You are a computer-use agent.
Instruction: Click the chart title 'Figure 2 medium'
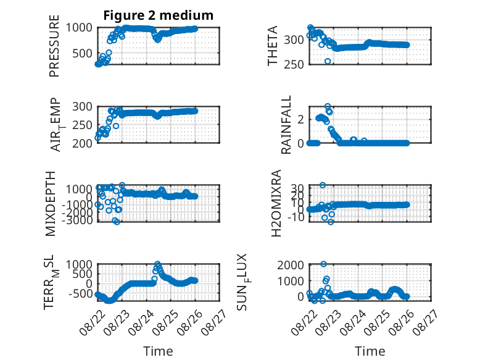[159, 15]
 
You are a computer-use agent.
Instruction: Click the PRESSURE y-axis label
[54, 46]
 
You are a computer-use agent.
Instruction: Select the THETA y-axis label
[272, 46]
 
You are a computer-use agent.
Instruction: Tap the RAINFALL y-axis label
[286, 125]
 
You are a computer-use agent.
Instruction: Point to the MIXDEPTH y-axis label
[51, 204]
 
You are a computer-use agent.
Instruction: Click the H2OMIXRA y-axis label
[276, 203]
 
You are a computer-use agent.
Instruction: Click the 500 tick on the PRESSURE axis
[82, 54]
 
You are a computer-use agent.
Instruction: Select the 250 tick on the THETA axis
[294, 65]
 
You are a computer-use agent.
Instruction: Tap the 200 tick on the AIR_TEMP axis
[82, 143]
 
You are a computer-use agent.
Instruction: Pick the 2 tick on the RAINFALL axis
[300, 119]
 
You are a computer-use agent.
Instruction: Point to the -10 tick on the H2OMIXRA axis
[296, 217]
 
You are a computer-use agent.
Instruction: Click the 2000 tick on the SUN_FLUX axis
[291, 265]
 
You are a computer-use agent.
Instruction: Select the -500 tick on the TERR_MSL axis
[80, 294]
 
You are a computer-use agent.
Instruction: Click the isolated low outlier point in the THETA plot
[328, 61]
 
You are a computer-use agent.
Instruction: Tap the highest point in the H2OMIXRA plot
[322, 185]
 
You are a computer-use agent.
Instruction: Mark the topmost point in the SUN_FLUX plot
[323, 264]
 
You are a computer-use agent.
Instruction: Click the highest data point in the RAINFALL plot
[328, 106]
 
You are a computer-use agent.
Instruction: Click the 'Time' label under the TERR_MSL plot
[159, 351]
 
